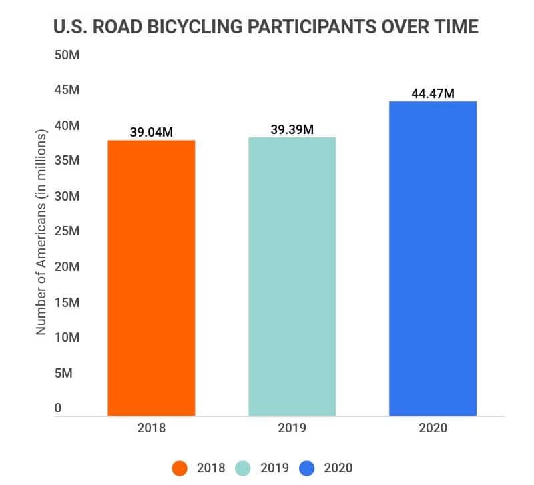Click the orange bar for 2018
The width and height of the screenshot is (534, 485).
152,278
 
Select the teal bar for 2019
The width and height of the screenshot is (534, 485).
292,276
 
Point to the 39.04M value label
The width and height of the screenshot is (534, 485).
152,132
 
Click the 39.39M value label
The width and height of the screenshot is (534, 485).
292,129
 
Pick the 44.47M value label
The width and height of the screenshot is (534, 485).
433,93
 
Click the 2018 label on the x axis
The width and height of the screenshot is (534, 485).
152,428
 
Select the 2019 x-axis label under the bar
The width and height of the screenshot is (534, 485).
292,428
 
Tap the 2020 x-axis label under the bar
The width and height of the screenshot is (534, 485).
433,428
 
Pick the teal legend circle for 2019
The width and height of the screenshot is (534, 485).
244,468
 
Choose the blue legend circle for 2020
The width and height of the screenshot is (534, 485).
308,468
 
